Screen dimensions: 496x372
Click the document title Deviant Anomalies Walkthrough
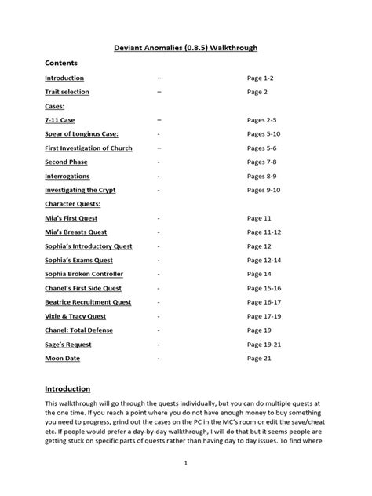(186, 48)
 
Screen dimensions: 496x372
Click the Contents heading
(61, 63)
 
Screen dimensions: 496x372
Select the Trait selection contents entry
(67, 92)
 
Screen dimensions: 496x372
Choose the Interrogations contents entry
(67, 177)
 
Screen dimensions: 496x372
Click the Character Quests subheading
(76, 204)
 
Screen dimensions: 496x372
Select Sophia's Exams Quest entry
(78, 260)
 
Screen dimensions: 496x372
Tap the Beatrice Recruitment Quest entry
(88, 302)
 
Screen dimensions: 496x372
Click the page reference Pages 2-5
(263, 120)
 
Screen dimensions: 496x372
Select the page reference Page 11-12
(264, 232)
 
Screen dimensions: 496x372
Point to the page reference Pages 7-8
(263, 162)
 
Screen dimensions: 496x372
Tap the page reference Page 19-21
(264, 345)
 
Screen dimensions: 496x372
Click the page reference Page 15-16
(264, 288)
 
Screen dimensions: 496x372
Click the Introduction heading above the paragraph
(67, 388)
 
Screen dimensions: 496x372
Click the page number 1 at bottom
(186, 464)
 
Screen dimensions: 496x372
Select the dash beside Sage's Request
(159, 345)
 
